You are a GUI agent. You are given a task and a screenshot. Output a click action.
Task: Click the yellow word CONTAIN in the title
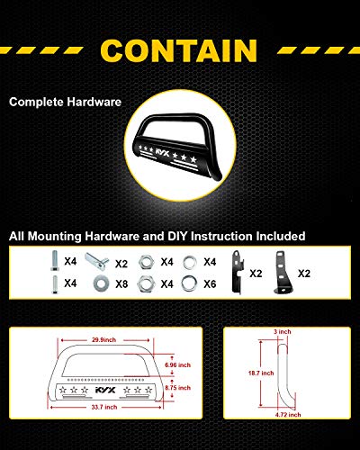179,50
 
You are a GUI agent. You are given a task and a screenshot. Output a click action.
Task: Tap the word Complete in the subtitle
35,102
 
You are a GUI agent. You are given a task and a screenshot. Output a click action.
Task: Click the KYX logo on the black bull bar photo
162,152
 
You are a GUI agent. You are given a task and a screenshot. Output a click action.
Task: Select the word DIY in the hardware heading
177,236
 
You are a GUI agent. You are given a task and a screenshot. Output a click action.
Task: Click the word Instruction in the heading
221,236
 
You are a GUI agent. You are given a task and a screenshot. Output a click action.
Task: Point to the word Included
281,236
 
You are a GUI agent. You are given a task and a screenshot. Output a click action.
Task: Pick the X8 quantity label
121,283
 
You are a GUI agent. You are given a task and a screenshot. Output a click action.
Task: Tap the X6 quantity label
210,283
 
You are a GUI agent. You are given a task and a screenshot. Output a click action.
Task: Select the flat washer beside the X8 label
101,283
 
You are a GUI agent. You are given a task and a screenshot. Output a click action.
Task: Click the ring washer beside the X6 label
189,283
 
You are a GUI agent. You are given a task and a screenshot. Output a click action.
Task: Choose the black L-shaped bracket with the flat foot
283,273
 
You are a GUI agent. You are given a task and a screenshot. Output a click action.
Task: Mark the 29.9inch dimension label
103,340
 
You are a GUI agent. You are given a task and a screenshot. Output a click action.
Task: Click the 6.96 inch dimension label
177,365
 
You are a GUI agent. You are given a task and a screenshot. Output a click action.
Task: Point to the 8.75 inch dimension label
177,388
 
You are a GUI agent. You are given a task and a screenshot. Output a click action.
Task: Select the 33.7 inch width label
104,407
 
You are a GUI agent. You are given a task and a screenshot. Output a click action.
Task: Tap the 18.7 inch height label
261,373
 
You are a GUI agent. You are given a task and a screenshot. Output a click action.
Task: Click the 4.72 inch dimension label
288,415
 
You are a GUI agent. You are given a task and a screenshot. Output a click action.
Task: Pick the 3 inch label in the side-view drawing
283,331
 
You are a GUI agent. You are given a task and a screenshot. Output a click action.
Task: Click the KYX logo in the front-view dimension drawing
105,390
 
